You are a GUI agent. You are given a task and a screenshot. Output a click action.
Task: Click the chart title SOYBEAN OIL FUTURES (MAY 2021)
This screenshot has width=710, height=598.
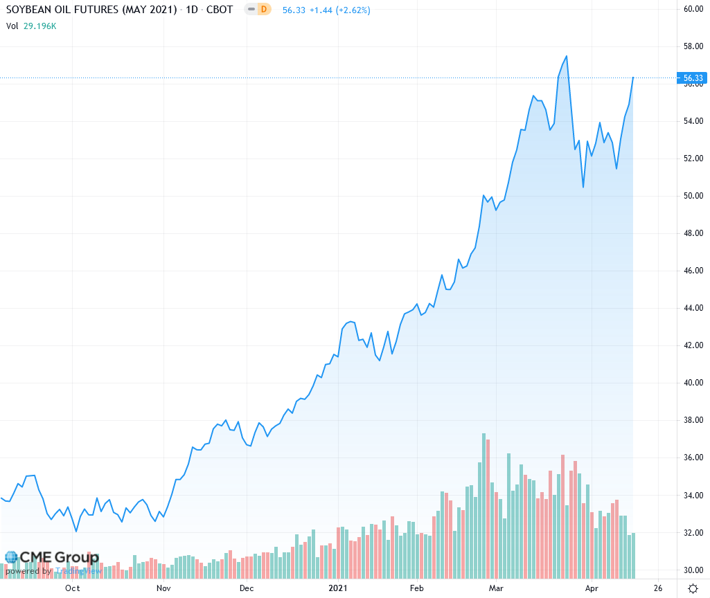[91, 10]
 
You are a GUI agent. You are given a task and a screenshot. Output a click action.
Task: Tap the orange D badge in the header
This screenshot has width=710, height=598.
[263, 10]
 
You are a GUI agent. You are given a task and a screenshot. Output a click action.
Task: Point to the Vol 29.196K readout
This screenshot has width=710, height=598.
[31, 26]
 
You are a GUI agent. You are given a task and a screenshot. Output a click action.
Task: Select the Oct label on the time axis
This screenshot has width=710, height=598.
[72, 588]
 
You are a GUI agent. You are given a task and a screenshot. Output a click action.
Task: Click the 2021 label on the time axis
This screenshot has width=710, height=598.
[337, 588]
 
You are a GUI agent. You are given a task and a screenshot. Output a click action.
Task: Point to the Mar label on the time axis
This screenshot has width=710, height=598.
[496, 588]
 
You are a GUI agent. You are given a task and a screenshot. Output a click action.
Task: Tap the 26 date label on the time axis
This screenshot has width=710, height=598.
[657, 588]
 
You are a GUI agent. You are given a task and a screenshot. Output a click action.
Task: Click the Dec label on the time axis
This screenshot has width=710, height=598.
[247, 588]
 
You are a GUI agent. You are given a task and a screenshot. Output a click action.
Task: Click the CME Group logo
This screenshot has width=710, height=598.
[51, 558]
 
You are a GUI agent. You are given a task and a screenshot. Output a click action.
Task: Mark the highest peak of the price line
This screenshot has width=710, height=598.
[567, 56]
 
